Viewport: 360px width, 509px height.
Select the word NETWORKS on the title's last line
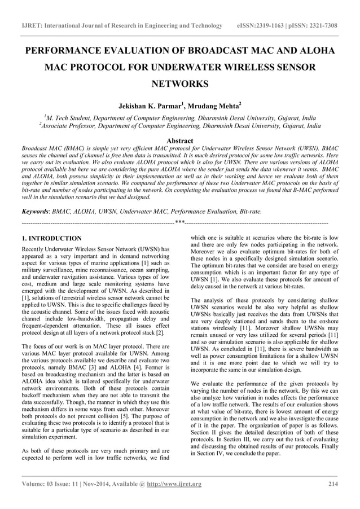pyautogui.click(x=180, y=85)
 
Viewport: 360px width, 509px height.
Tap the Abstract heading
pyautogui.click(x=180, y=141)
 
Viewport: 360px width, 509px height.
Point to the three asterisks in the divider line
pyautogui.click(x=180, y=222)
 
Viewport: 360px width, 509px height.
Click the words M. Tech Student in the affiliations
pyautogui.click(x=67, y=117)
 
